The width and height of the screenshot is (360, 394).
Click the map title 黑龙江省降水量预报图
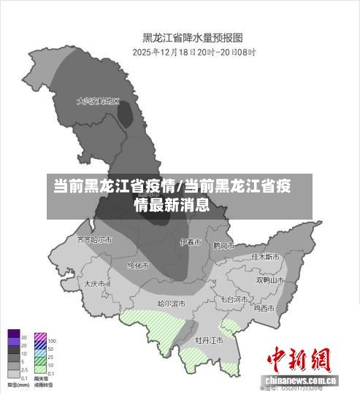click(192, 38)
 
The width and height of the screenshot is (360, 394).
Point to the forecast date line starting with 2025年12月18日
click(192, 53)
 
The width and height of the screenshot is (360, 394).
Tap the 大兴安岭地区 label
click(97, 101)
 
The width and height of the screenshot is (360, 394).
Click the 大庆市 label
click(95, 283)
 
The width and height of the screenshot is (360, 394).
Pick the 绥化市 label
click(138, 266)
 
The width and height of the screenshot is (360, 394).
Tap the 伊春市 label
click(191, 242)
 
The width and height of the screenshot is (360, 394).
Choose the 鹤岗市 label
click(223, 246)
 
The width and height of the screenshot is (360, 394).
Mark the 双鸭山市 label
click(269, 279)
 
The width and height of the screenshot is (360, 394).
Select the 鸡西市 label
click(264, 308)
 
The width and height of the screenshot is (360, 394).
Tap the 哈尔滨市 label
click(172, 303)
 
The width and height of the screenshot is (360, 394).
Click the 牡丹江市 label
click(209, 339)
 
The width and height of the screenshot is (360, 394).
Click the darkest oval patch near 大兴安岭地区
click(126, 115)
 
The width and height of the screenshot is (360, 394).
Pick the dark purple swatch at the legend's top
click(14, 337)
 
